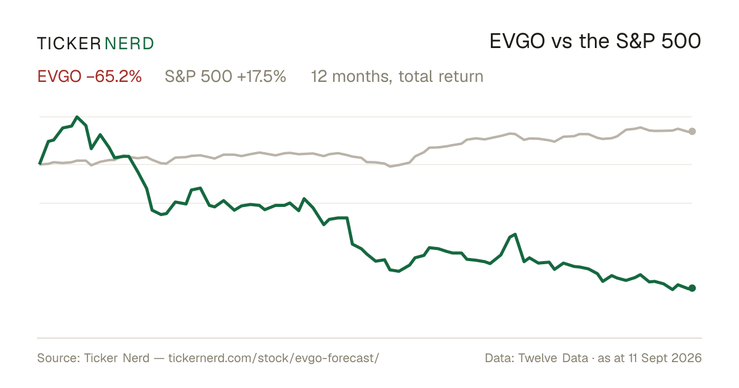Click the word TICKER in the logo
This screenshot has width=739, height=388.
[x=68, y=44]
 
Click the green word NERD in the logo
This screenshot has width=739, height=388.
[x=129, y=44]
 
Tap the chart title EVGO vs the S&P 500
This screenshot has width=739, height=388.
[x=595, y=42]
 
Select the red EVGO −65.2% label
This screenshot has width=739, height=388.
[x=89, y=76]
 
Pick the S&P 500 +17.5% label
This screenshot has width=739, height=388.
[x=225, y=76]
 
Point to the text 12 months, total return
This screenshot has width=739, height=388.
[x=397, y=77]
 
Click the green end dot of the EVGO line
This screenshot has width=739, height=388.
[x=692, y=288]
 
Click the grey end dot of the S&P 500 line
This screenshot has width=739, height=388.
[x=692, y=131]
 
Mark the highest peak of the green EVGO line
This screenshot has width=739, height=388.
[x=77, y=116]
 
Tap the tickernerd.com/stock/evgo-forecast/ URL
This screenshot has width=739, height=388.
[x=274, y=358]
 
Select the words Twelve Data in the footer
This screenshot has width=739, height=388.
[x=553, y=358]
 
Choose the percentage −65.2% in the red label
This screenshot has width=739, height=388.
[x=114, y=76]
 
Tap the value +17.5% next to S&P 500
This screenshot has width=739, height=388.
[x=261, y=76]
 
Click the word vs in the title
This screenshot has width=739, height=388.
[x=562, y=43]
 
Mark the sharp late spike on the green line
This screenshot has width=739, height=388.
[x=515, y=234]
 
